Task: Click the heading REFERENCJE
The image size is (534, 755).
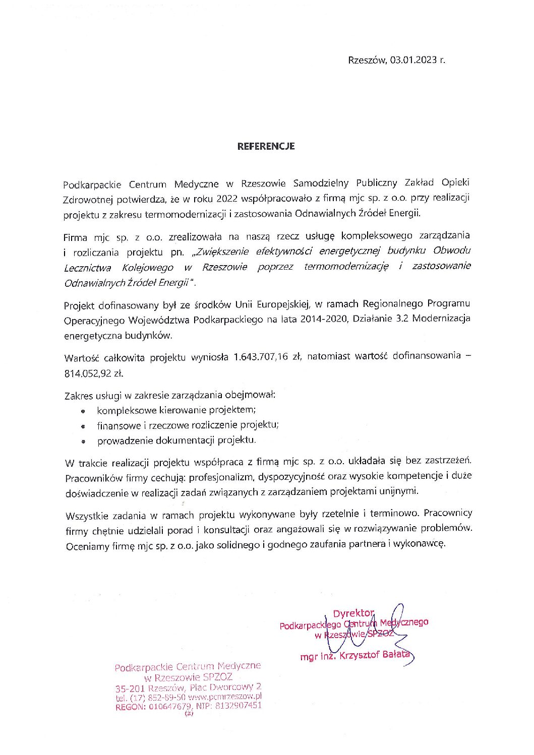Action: [266, 147]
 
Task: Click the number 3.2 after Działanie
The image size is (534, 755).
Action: [402, 319]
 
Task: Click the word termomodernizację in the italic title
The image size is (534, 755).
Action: [346, 266]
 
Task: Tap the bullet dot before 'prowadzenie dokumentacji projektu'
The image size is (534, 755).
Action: [83, 442]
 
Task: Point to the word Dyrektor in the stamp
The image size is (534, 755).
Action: [353, 613]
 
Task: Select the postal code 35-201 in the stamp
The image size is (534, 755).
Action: [130, 688]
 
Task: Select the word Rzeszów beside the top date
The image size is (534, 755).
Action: [367, 60]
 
